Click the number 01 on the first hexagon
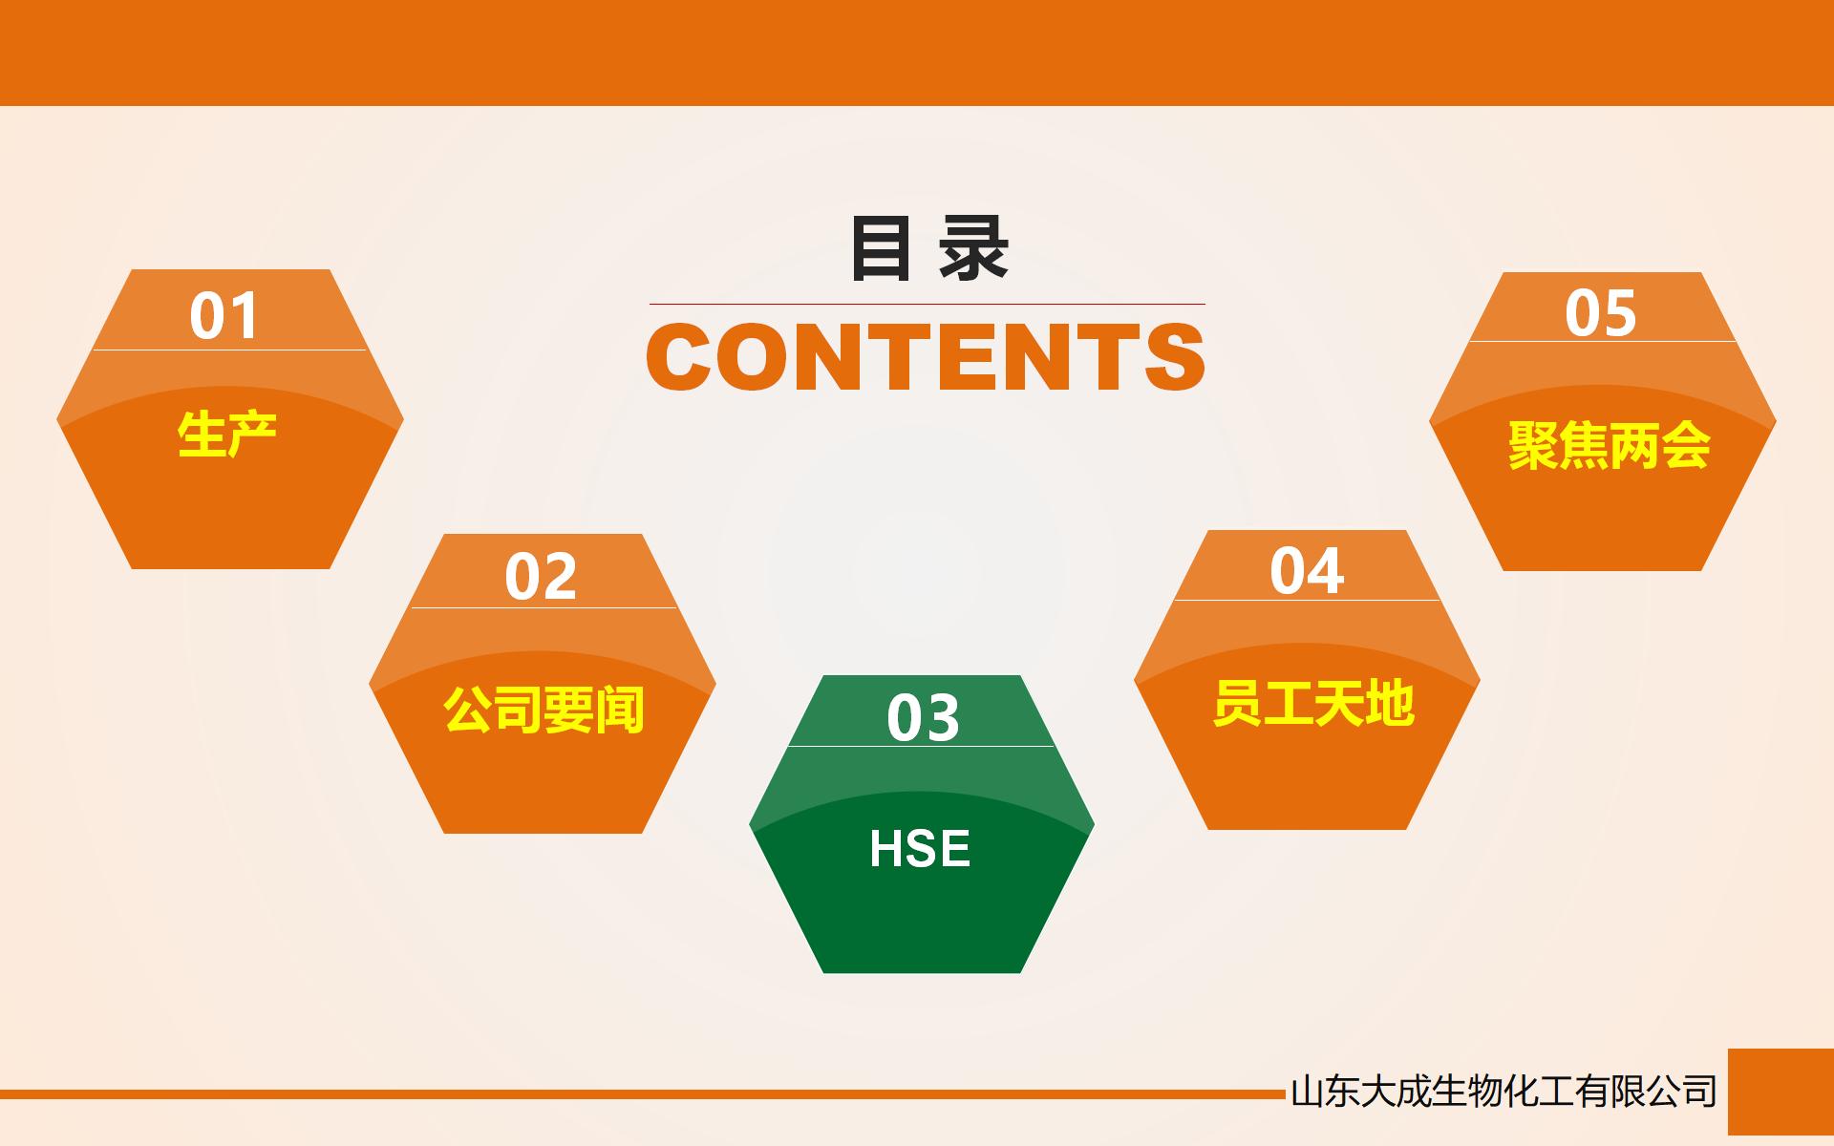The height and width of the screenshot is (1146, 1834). (x=224, y=316)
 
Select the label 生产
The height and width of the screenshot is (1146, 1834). (x=227, y=435)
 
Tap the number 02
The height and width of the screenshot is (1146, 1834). (x=541, y=576)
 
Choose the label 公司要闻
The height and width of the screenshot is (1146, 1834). (x=544, y=710)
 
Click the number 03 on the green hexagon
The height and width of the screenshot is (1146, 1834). (x=923, y=718)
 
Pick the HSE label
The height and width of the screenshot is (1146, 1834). (x=920, y=848)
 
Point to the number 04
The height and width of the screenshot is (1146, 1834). (x=1307, y=571)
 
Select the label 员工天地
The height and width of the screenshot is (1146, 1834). (x=1313, y=704)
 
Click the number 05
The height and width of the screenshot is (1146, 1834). (x=1601, y=313)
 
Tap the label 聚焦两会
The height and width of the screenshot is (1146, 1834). (x=1609, y=446)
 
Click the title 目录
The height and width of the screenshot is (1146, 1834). (x=929, y=249)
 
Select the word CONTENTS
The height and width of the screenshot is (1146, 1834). (x=926, y=356)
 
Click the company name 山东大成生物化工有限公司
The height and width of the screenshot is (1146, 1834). (x=1503, y=1092)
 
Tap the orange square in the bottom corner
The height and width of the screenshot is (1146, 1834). (x=1781, y=1092)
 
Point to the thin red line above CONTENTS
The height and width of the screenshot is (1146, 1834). (x=927, y=304)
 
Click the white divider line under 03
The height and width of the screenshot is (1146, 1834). (x=921, y=746)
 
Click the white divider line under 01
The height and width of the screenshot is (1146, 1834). (x=229, y=350)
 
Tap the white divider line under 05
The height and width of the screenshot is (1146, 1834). (x=1602, y=341)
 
